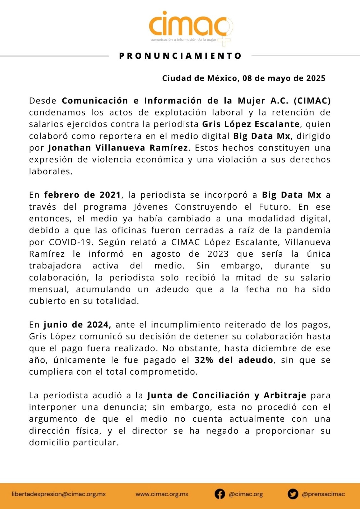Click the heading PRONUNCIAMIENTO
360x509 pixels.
(180, 56)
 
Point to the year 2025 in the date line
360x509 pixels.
(316, 78)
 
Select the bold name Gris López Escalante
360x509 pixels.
(251, 124)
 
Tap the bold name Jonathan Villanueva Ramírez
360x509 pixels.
(118, 148)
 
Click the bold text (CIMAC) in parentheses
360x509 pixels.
(312, 101)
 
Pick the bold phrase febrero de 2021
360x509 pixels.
(82, 195)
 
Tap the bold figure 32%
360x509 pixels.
(204, 360)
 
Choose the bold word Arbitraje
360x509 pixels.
(285, 395)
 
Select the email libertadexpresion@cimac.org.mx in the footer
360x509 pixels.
(59, 494)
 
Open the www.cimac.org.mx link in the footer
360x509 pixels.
(162, 494)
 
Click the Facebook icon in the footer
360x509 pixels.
(220, 494)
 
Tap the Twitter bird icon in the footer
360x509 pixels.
(293, 494)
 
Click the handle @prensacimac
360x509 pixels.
(323, 494)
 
